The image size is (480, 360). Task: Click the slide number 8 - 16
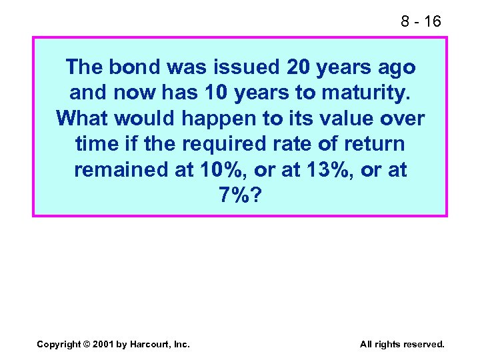tap(421, 21)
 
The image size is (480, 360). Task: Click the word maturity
tap(370, 93)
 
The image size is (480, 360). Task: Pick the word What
tap(83, 118)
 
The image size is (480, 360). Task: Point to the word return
tap(372, 143)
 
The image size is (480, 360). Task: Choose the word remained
tap(120, 169)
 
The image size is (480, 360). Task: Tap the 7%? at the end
tap(239, 195)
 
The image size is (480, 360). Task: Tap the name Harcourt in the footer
tap(153, 344)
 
